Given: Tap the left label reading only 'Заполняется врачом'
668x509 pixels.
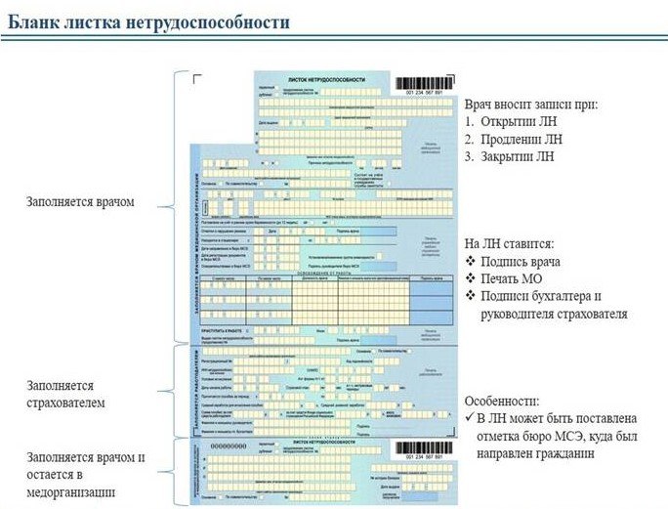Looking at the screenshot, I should pyautogui.click(x=81, y=202).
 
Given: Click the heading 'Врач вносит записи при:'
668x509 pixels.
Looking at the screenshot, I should pyautogui.click(x=544, y=105).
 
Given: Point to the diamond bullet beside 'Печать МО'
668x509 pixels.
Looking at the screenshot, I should pyautogui.click(x=471, y=279).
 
